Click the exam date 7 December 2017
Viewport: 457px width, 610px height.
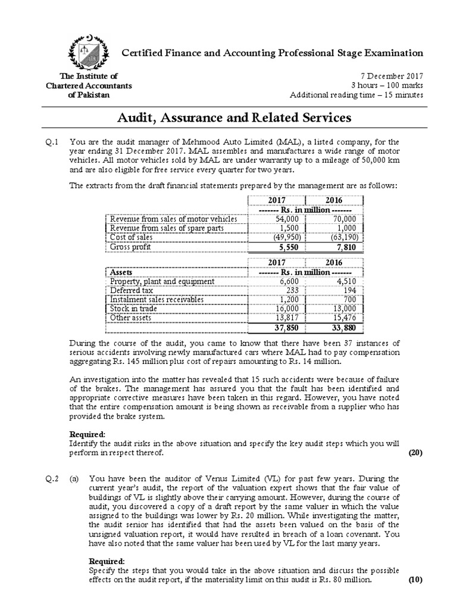392,76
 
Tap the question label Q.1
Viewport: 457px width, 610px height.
54,142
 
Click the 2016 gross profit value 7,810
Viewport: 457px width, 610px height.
345,247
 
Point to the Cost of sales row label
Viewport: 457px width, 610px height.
132,237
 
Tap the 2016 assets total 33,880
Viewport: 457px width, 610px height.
345,328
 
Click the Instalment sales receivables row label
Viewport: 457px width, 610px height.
156,299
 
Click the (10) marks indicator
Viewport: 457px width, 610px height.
414,580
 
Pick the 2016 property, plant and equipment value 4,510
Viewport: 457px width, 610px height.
347,281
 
